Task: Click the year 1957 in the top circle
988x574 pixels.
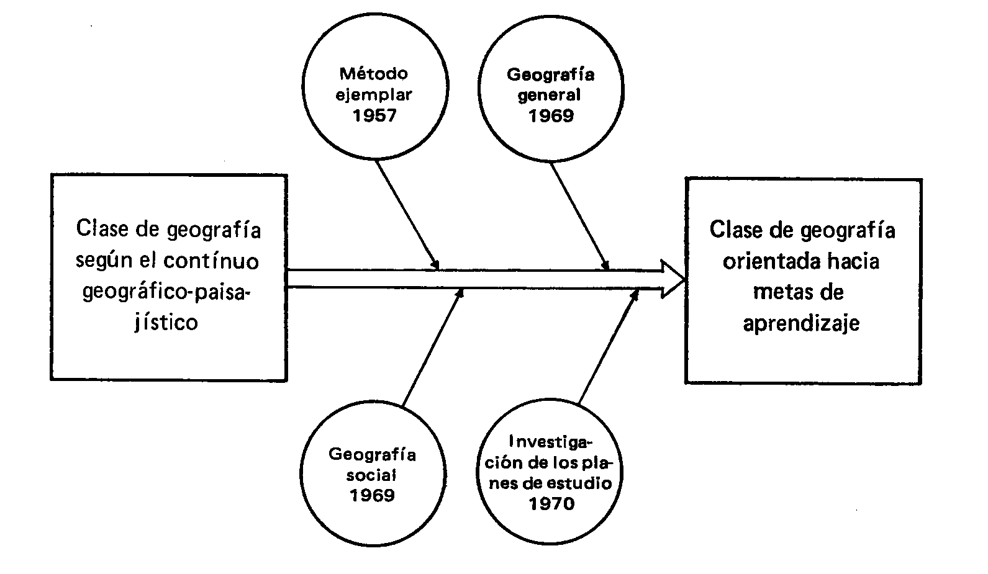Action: (x=374, y=115)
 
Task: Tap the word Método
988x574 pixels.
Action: (x=374, y=74)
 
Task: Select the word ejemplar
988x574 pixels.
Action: (x=374, y=95)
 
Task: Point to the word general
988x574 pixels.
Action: (x=550, y=95)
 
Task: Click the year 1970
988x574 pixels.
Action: (x=551, y=503)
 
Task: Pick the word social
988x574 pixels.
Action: (x=371, y=475)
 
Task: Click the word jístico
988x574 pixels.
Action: (x=166, y=323)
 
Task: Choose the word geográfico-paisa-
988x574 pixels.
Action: (x=166, y=292)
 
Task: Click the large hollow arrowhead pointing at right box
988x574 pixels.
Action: (x=672, y=279)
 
